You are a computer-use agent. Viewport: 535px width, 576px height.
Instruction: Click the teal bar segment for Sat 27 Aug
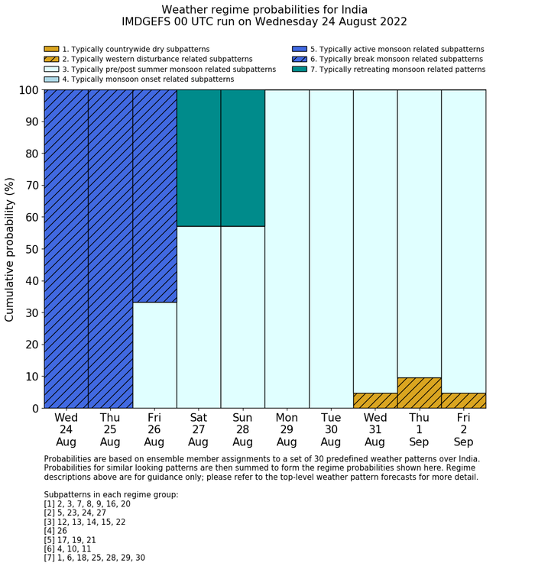point(199,158)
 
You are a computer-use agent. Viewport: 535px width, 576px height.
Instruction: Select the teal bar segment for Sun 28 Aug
point(243,158)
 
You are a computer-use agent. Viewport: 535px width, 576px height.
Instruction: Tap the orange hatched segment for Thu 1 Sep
point(420,393)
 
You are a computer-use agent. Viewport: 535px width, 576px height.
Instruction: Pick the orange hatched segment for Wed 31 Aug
point(375,400)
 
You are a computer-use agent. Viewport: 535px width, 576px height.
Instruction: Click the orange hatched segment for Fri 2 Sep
point(463,400)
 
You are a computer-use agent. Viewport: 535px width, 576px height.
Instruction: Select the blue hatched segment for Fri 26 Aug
point(154,196)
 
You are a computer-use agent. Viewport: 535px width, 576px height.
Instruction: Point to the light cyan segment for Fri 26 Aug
point(154,355)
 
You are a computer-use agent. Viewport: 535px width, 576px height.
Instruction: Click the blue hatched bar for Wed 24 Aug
point(66,249)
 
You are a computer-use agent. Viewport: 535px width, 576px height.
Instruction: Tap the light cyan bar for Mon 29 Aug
point(287,249)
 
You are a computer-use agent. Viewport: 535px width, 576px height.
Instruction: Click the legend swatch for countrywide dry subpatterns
point(51,50)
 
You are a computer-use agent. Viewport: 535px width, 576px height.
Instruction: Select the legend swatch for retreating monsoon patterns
point(299,70)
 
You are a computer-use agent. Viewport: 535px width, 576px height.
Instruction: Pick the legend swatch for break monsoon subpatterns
point(299,60)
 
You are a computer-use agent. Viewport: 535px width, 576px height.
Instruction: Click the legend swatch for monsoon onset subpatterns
point(51,79)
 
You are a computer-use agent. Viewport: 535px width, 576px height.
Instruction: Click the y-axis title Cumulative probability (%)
point(10,249)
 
